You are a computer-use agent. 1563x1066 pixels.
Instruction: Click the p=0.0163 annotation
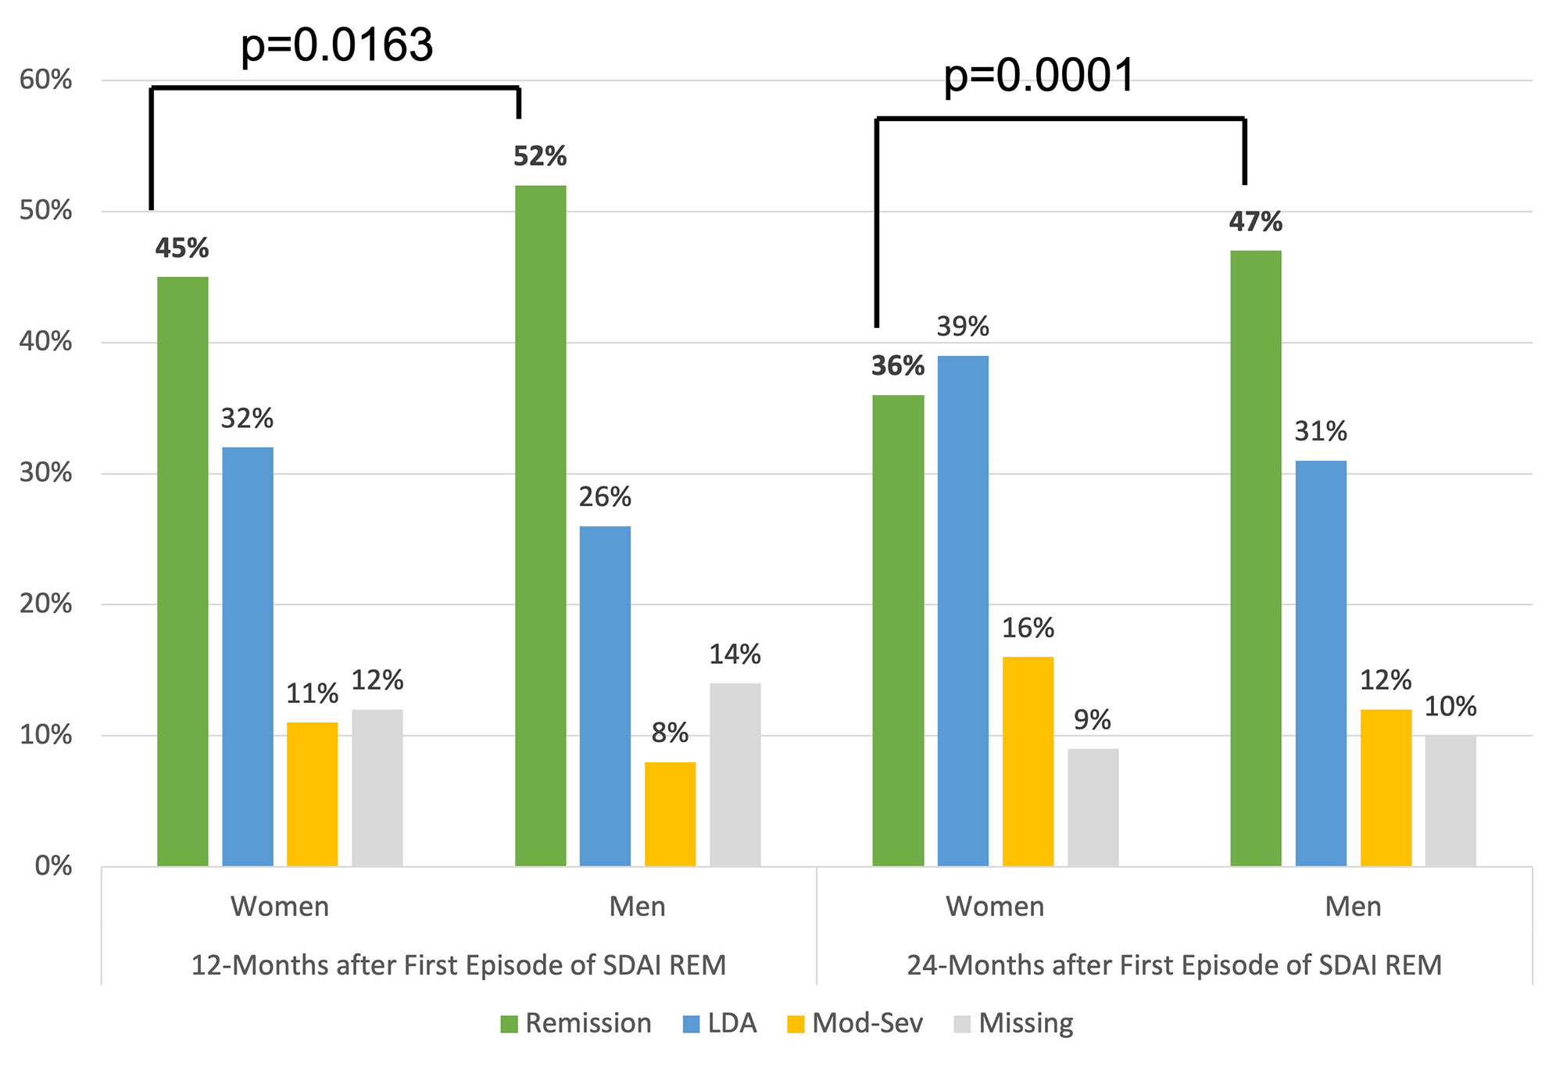click(x=336, y=45)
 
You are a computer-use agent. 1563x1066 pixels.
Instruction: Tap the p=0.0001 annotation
click(x=1039, y=77)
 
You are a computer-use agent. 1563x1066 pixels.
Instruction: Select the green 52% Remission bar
click(x=540, y=526)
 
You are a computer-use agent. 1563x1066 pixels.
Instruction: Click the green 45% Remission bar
click(x=183, y=571)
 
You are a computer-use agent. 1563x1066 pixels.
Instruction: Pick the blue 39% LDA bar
click(x=963, y=611)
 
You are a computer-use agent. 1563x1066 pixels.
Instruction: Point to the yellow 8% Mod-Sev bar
click(x=670, y=814)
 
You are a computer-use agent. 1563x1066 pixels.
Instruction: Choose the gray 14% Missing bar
click(x=735, y=775)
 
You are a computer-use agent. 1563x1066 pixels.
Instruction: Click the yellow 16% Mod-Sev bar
click(x=1028, y=761)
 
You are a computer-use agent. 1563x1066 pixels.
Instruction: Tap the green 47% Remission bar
click(x=1256, y=558)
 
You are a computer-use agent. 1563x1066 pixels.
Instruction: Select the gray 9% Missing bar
click(x=1093, y=808)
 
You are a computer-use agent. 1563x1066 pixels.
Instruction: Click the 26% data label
click(x=605, y=497)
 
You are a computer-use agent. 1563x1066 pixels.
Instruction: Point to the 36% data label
click(x=898, y=365)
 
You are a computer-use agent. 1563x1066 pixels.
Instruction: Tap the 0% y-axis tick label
click(x=53, y=866)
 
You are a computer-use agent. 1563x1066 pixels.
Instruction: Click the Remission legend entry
click(x=576, y=1023)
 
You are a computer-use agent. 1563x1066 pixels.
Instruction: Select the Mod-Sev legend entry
click(x=855, y=1023)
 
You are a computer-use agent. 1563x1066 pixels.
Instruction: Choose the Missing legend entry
click(x=1014, y=1023)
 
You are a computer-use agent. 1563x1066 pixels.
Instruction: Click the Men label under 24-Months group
click(x=1353, y=907)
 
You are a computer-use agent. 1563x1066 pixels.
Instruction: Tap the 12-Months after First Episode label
click(x=459, y=965)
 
